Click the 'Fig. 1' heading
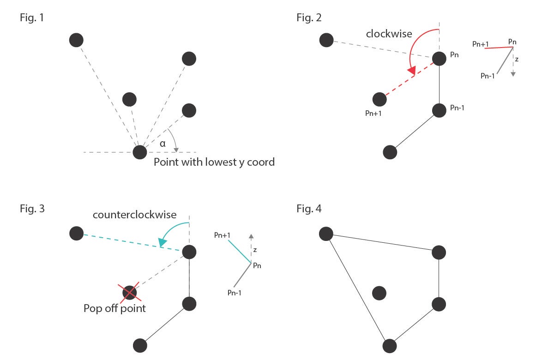click(x=32, y=18)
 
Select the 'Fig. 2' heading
click(x=309, y=18)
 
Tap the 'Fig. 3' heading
click(x=32, y=209)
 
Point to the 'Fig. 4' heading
click(x=309, y=209)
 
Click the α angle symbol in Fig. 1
click(x=162, y=144)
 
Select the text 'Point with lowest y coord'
click(x=214, y=162)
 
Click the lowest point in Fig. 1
click(x=139, y=152)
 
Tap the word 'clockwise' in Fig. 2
click(x=389, y=34)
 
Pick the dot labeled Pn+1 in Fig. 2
click(x=379, y=99)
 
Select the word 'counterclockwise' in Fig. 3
click(x=134, y=215)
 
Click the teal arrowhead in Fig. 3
click(x=162, y=242)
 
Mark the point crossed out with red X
click(x=130, y=292)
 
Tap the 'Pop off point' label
click(x=114, y=308)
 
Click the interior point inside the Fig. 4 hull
click(x=379, y=293)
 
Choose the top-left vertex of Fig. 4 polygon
click(x=326, y=234)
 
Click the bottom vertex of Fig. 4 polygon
click(x=390, y=345)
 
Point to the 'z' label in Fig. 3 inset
click(x=255, y=249)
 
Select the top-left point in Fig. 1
click(x=76, y=40)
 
